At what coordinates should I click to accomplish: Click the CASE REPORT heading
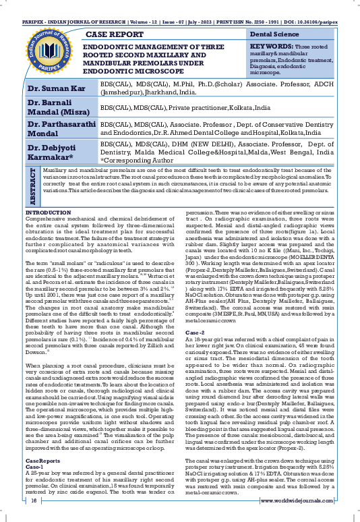point(118,32)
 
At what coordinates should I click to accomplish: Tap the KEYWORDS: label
point(269,46)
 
